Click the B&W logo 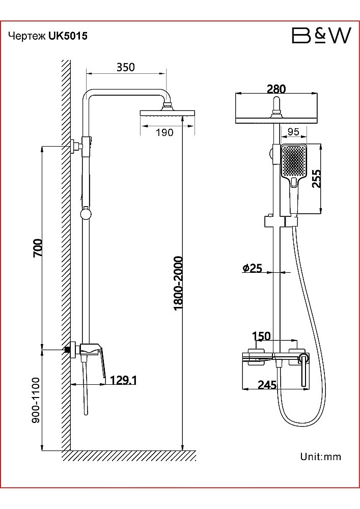pyautogui.click(x=321, y=36)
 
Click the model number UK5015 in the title pyautogui.click(x=68, y=36)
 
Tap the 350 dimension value pyautogui.click(x=126, y=67)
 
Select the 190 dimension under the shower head pyautogui.click(x=165, y=132)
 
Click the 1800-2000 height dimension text pyautogui.click(x=178, y=283)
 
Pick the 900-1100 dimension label pyautogui.click(x=36, y=400)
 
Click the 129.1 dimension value pyautogui.click(x=123, y=380)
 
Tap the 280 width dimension pyautogui.click(x=276, y=89)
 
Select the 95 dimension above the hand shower pyautogui.click(x=293, y=132)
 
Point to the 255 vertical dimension pyautogui.click(x=316, y=178)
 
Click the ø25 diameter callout pyautogui.click(x=252, y=268)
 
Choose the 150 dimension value pyautogui.click(x=261, y=336)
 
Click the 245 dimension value pyautogui.click(x=267, y=385)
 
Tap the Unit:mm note pyautogui.click(x=320, y=457)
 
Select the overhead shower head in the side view pyautogui.click(x=167, y=113)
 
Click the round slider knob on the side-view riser pyautogui.click(x=86, y=214)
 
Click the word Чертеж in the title pyautogui.click(x=27, y=36)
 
